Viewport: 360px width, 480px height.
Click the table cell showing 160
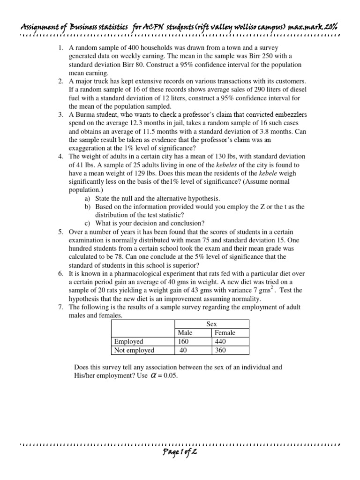[x=184, y=342]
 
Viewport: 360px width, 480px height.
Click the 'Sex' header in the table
[x=212, y=324]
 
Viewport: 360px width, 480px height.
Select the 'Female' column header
[x=225, y=333]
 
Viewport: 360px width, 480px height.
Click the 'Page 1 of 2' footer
[x=180, y=466]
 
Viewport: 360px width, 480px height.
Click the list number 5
[x=61, y=232]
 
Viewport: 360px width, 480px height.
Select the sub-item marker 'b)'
[x=88, y=207]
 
